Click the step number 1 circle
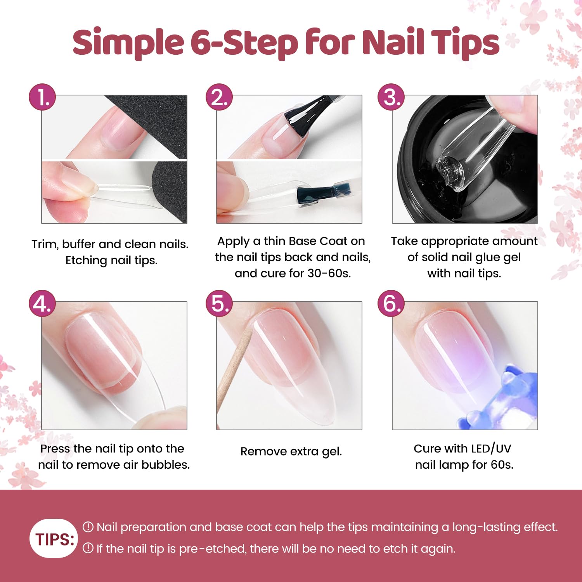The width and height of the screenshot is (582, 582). tap(42, 97)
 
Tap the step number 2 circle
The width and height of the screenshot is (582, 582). tap(219, 97)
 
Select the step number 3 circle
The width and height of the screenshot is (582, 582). tap(391, 97)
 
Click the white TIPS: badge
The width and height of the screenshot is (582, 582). tap(54, 539)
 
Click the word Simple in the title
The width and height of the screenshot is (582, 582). tap(128, 43)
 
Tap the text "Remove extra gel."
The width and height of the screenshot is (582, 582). tap(291, 451)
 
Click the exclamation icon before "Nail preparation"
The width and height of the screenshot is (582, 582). tap(88, 527)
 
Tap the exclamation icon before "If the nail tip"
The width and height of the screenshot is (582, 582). tap(88, 548)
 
